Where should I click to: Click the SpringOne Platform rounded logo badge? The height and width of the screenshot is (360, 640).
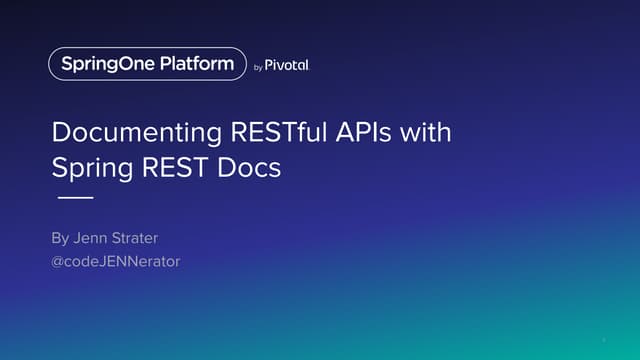(147, 64)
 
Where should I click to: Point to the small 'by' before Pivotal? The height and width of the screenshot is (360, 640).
(257, 66)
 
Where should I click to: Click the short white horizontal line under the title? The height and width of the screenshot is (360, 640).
(72, 198)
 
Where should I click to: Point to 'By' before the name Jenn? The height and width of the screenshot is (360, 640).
(61, 240)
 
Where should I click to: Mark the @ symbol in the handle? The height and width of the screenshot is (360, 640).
(58, 262)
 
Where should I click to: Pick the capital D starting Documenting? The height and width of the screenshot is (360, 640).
(59, 134)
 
